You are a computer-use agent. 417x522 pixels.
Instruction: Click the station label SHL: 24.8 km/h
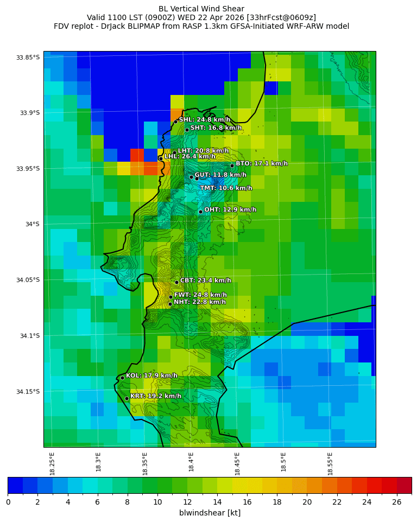204,119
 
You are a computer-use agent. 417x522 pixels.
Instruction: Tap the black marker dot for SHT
187,130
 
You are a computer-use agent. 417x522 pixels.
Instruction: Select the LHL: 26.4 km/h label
189,156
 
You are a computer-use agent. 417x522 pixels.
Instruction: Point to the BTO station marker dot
232,165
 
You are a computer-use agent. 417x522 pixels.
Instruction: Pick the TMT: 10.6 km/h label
226,188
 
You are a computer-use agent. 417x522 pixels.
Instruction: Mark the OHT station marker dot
200,212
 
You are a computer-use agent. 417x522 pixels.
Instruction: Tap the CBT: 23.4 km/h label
205,281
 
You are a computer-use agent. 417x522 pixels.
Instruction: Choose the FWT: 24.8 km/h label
200,295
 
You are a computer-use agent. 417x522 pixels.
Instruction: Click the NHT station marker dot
170,304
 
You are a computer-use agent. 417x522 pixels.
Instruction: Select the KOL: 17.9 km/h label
151,375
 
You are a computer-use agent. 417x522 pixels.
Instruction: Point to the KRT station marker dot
127,398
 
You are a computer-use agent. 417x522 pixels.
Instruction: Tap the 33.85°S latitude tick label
28,58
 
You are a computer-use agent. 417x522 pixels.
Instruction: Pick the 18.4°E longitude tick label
191,461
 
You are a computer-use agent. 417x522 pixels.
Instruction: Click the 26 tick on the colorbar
397,502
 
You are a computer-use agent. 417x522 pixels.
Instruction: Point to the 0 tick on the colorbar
8,502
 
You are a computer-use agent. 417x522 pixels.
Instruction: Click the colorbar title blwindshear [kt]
210,513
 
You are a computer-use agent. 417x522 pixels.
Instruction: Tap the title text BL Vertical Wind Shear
201,9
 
